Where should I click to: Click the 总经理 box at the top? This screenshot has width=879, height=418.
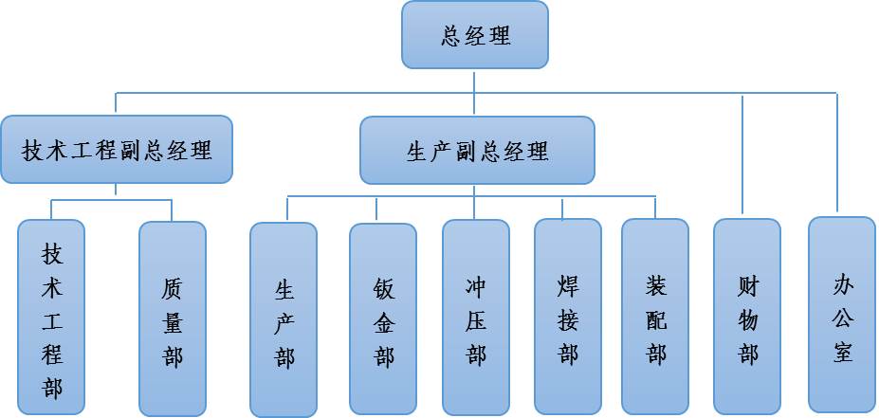click(x=475, y=35)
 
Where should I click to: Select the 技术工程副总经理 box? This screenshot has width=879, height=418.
click(x=117, y=150)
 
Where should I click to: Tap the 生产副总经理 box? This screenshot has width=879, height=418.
click(x=477, y=150)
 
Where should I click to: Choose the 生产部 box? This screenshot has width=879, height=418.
click(x=284, y=319)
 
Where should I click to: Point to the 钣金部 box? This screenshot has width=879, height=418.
click(x=383, y=319)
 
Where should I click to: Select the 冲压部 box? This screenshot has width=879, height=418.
click(x=476, y=319)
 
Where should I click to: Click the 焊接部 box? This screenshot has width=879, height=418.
click(x=568, y=319)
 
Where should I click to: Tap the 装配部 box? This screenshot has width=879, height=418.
click(x=655, y=319)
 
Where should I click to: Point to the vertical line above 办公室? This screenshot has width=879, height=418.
click(x=837, y=152)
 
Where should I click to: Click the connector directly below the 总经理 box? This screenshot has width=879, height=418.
click(x=475, y=81)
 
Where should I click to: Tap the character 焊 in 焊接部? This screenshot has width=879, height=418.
click(x=568, y=286)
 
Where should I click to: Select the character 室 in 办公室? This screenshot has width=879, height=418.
click(x=842, y=353)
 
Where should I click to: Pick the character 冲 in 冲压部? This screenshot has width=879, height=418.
click(x=476, y=286)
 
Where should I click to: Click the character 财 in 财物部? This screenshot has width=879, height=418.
click(x=747, y=286)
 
